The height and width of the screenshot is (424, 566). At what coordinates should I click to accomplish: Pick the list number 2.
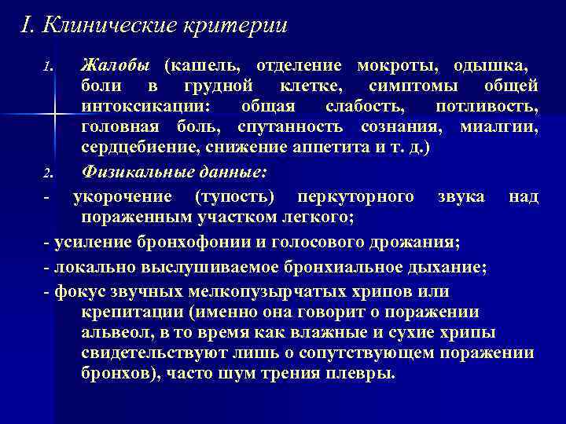(48, 171)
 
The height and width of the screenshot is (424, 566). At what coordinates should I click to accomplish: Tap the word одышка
(491, 64)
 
